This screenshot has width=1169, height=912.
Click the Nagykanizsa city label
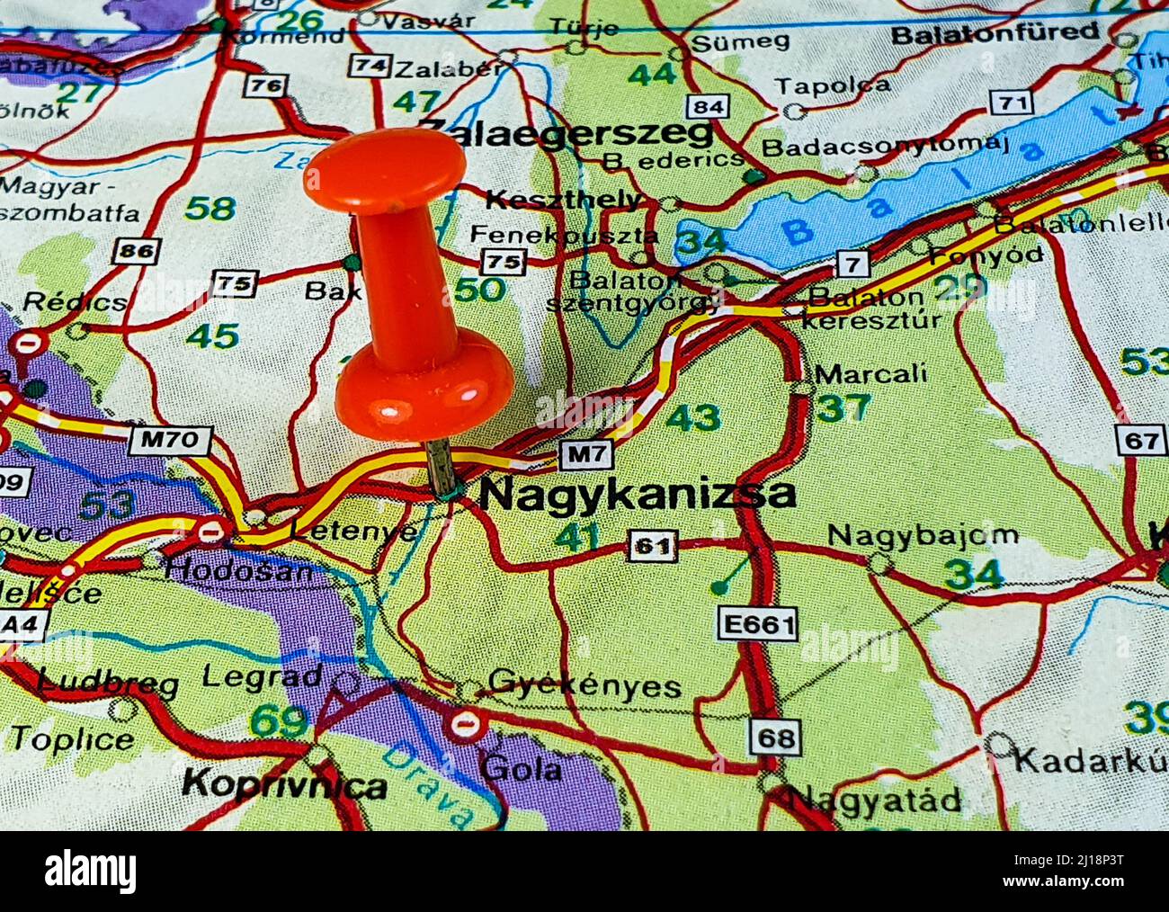point(637,495)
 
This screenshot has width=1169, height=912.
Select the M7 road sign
point(587,455)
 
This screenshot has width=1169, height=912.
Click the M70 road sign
point(170,441)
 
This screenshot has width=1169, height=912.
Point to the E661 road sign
point(757,624)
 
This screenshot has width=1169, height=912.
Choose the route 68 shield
point(775,738)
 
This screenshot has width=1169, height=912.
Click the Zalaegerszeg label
point(567,133)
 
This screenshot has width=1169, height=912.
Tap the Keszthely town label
point(565,200)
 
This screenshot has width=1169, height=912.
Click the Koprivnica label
point(284,784)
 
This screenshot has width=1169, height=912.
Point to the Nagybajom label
point(922,536)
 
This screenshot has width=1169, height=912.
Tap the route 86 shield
point(137,251)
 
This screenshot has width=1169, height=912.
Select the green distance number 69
point(278,721)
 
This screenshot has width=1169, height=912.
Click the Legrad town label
point(262,676)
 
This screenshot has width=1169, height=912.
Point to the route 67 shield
point(1141,440)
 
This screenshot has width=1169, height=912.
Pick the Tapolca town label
point(832,86)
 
